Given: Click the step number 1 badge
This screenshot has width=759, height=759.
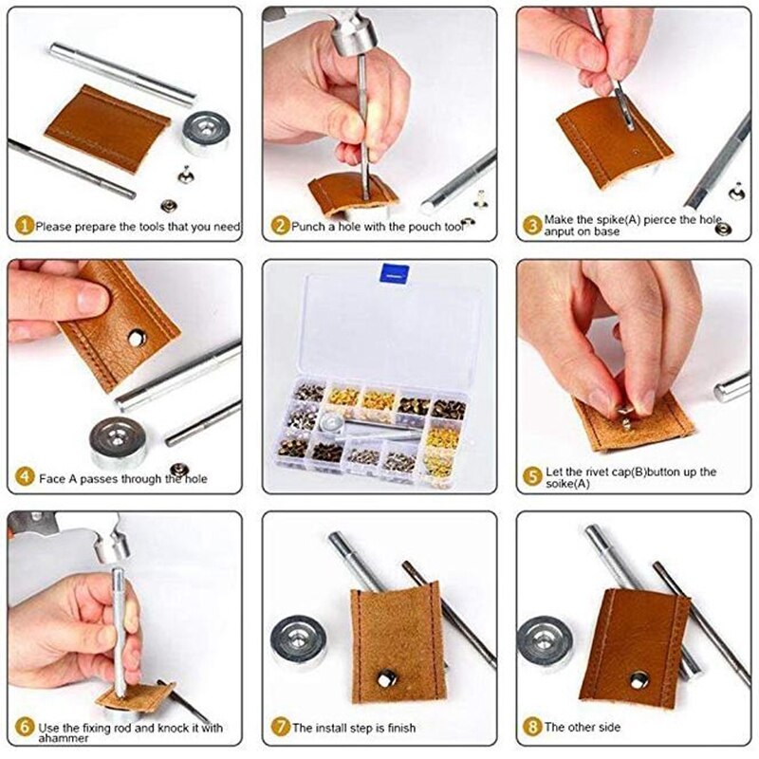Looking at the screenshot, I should point(25,227).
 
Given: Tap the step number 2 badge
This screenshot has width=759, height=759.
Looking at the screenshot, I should point(280,227).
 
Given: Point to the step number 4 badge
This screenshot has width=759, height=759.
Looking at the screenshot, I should point(25,479).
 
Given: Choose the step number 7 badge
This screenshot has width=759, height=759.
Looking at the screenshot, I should point(280,728).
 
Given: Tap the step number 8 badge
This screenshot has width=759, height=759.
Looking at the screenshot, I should point(533,728).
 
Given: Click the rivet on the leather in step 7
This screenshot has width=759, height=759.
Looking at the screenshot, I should point(387,677).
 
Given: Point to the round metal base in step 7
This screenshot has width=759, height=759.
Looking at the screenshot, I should point(298,641).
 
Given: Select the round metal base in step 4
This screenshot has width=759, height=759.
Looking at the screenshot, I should point(119,441).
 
